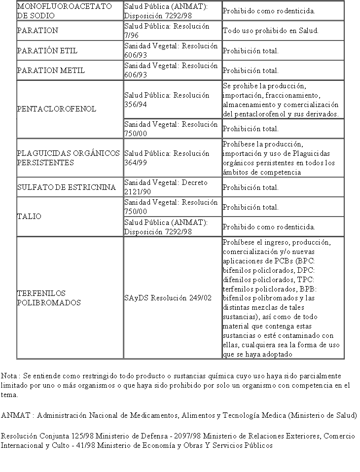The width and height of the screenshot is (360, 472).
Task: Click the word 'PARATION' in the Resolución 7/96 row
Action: (x=37, y=31)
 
